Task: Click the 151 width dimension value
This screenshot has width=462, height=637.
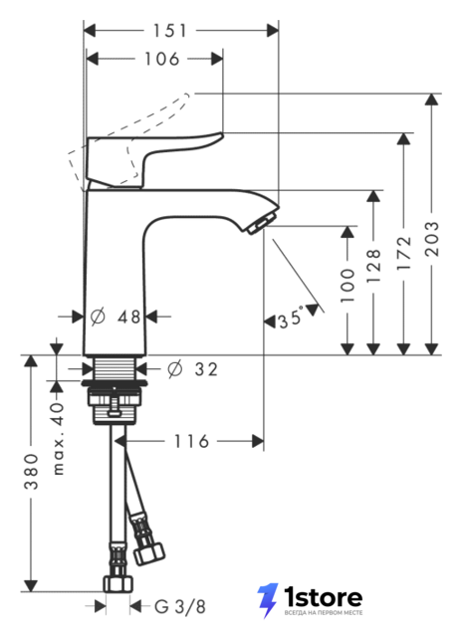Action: [169, 31]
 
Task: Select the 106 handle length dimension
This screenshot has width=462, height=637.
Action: [161, 59]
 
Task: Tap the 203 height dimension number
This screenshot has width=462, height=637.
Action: [432, 239]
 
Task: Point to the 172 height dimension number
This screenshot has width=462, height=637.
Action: [404, 253]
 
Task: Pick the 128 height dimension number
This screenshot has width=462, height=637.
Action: [373, 266]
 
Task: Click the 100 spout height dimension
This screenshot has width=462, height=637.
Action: [347, 286]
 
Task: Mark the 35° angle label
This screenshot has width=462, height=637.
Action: [291, 318]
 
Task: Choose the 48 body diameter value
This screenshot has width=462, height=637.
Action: [129, 317]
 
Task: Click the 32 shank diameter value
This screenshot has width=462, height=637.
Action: [206, 369]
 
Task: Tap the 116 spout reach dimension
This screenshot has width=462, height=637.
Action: [191, 441]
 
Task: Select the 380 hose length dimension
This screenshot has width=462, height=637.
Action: [31, 472]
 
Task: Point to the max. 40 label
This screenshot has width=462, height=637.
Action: [59, 439]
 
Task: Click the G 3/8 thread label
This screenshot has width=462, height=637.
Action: [180, 607]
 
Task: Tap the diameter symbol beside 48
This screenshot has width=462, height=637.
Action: [98, 317]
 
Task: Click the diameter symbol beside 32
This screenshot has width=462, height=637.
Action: [174, 369]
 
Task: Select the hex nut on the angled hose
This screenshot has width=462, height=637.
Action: [149, 553]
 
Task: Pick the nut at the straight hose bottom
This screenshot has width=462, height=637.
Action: [117, 584]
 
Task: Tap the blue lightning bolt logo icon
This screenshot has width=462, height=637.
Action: [268, 600]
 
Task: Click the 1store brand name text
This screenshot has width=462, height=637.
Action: [323, 597]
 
